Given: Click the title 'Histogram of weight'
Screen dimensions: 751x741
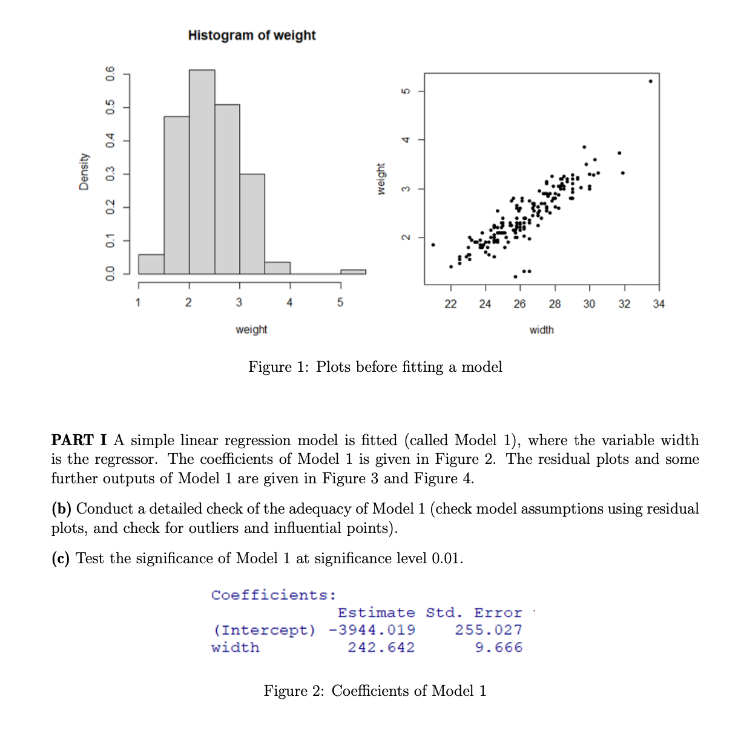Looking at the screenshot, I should [x=252, y=35].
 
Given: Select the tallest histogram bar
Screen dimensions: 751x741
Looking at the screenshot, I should [x=202, y=173].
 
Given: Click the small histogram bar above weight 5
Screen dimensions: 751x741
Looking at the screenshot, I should [x=353, y=271].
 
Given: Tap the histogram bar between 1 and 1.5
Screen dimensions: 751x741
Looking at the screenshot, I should [x=151, y=264].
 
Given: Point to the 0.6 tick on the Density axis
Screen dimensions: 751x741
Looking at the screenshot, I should [x=110, y=74].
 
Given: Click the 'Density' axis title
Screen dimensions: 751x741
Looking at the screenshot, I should [x=84, y=172].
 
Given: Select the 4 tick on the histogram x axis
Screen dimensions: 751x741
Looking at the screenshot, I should [x=289, y=302].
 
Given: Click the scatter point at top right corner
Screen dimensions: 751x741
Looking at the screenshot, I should [x=650, y=81].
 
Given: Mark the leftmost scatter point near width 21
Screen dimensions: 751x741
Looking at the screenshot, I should [x=433, y=245].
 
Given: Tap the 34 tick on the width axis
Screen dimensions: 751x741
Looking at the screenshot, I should [x=659, y=304].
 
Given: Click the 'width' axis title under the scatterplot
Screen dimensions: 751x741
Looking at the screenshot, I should [x=541, y=330].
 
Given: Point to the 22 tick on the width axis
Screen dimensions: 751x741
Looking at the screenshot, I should [x=450, y=304].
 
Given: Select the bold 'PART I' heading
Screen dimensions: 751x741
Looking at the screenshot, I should [x=79, y=440].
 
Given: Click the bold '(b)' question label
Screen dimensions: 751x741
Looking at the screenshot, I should [x=61, y=509].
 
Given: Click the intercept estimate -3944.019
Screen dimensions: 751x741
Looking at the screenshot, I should [x=372, y=630].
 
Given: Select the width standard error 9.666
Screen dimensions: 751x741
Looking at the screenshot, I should [x=498, y=647].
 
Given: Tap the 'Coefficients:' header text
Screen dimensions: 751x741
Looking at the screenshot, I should [x=273, y=595].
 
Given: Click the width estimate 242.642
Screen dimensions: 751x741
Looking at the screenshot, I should [x=381, y=647].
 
